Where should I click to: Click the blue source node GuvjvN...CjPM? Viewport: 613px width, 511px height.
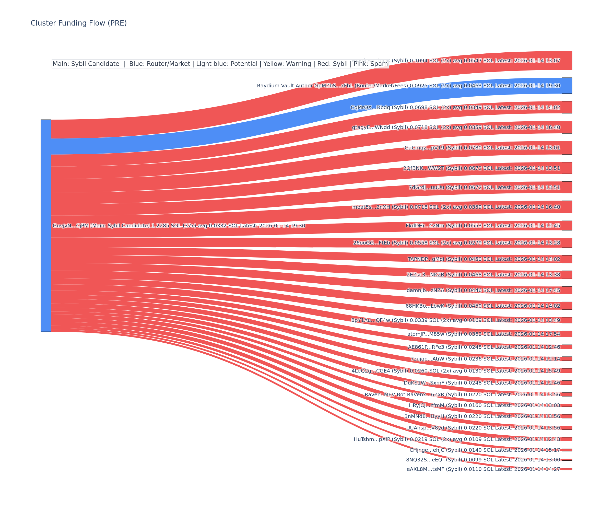point(46,225)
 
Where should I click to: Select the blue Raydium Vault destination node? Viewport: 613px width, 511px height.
point(567,86)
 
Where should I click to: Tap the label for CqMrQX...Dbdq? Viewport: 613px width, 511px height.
point(455,108)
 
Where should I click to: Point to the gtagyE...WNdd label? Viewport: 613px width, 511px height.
point(456,127)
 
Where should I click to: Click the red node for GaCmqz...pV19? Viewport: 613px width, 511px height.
point(567,148)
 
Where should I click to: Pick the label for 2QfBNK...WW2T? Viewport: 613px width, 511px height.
point(481,168)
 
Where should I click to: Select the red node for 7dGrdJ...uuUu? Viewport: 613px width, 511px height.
point(567,187)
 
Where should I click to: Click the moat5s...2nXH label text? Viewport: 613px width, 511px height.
point(456,207)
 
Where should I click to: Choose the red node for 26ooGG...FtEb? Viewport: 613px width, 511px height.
point(567,243)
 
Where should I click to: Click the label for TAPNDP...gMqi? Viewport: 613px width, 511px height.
point(484,259)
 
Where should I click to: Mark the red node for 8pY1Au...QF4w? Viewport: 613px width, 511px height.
point(567,320)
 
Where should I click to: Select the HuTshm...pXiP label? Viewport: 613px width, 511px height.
point(457,439)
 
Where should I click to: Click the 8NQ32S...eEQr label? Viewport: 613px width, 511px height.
point(483,460)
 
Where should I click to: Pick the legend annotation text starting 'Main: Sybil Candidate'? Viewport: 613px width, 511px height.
point(220,64)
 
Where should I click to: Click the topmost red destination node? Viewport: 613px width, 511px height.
point(567,61)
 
